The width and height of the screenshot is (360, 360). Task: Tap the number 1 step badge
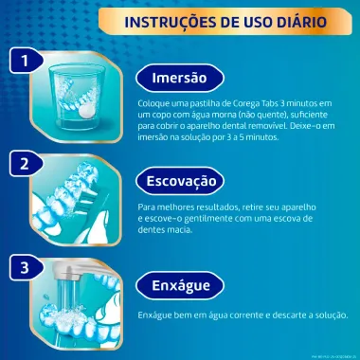(18, 62)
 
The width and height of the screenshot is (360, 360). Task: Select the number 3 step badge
(18, 267)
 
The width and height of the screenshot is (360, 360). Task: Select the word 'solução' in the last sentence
(329, 315)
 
